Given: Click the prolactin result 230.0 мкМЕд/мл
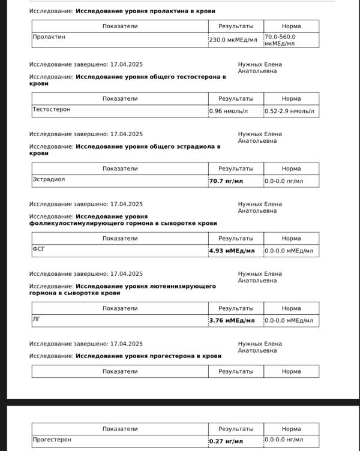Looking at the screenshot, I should click(x=233, y=40).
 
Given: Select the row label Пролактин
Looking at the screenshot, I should click(x=49, y=37).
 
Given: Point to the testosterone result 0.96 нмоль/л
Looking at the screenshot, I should click(x=228, y=111).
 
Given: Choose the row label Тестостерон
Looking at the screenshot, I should click(x=52, y=110).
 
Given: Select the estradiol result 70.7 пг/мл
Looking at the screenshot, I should click(x=226, y=181).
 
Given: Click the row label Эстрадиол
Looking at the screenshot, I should click(x=49, y=179).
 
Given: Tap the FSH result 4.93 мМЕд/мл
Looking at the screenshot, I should click(x=232, y=251).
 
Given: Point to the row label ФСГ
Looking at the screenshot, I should click(x=39, y=249).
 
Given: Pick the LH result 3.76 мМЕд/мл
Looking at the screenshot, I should click(x=232, y=320).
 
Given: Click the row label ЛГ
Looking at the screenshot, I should click(x=37, y=319).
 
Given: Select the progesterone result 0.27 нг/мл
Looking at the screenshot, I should click(x=226, y=441).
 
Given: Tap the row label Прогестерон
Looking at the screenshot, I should click(x=52, y=440).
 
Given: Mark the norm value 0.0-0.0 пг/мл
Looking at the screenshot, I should click(x=284, y=181).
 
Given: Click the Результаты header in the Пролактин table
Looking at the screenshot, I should click(x=236, y=26).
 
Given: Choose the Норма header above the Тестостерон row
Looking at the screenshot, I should click(x=291, y=98).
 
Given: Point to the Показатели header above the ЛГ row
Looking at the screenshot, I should click(x=120, y=308).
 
